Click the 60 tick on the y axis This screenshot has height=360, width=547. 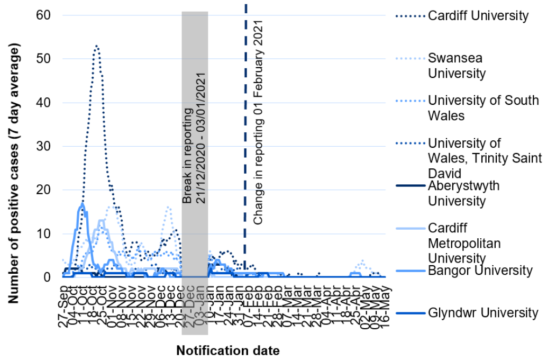(x=43, y=15)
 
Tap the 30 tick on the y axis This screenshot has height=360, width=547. (x=43, y=146)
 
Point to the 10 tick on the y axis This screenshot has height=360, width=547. (x=43, y=233)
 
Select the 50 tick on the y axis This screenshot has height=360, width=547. (x=43, y=59)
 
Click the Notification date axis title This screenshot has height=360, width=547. (x=227, y=350)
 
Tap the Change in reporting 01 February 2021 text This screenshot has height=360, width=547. (x=259, y=122)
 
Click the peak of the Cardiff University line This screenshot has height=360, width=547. (x=96, y=46)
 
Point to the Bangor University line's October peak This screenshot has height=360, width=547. (x=83, y=204)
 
